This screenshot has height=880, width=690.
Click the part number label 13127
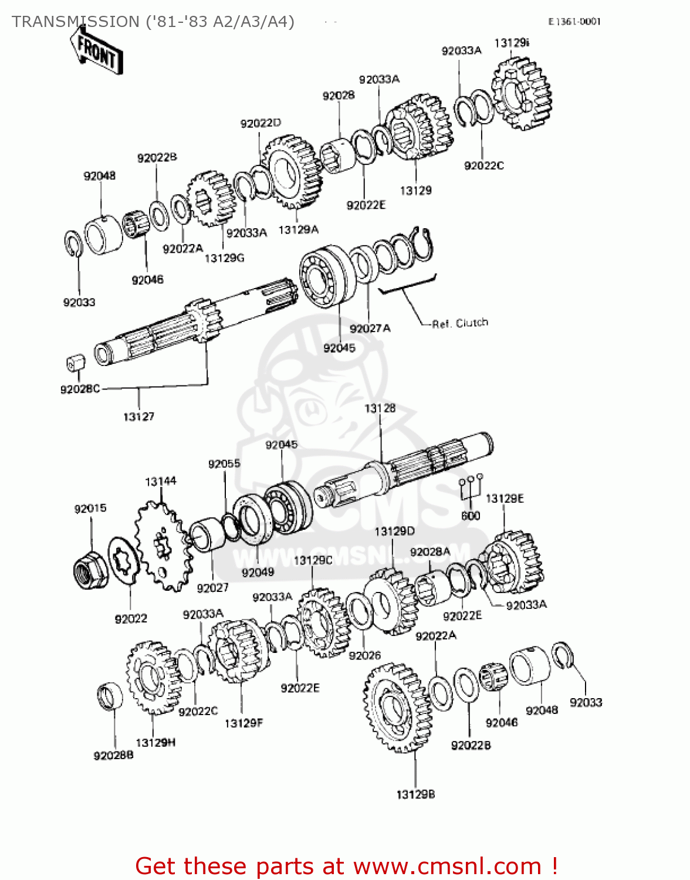click(x=138, y=417)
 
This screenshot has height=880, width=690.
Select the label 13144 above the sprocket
click(x=161, y=481)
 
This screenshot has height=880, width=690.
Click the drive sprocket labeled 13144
click(x=162, y=546)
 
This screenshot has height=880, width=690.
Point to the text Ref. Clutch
click(x=459, y=323)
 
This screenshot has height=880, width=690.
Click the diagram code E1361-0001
click(x=574, y=22)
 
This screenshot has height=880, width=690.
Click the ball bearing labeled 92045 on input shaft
click(x=326, y=277)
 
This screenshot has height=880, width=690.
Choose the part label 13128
click(x=380, y=408)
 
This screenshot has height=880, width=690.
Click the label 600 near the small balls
click(x=471, y=516)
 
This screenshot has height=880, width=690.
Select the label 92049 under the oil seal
click(x=258, y=572)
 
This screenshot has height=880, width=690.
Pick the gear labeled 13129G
click(x=210, y=199)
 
